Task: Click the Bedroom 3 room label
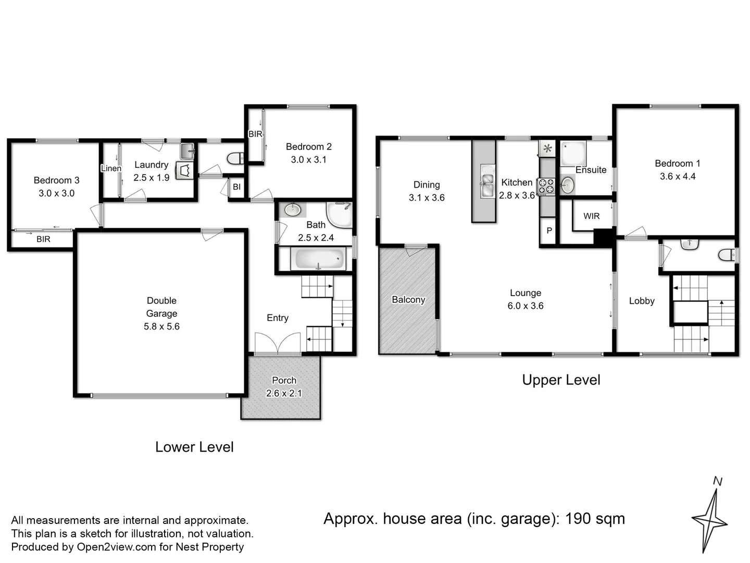click(x=56, y=180)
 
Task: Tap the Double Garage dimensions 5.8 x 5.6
click(x=161, y=327)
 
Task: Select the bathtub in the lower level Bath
click(x=318, y=259)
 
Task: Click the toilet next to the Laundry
click(x=236, y=158)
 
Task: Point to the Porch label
click(x=284, y=381)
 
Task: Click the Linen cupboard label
click(x=110, y=168)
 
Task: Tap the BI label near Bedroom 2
click(x=236, y=187)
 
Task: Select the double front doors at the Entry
click(x=278, y=344)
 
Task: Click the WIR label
click(x=591, y=216)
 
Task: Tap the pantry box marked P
click(x=549, y=230)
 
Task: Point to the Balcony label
click(x=408, y=300)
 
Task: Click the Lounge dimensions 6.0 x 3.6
click(x=525, y=306)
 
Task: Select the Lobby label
click(x=641, y=301)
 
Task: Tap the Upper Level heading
click(x=561, y=380)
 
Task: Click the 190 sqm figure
click(x=595, y=519)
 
